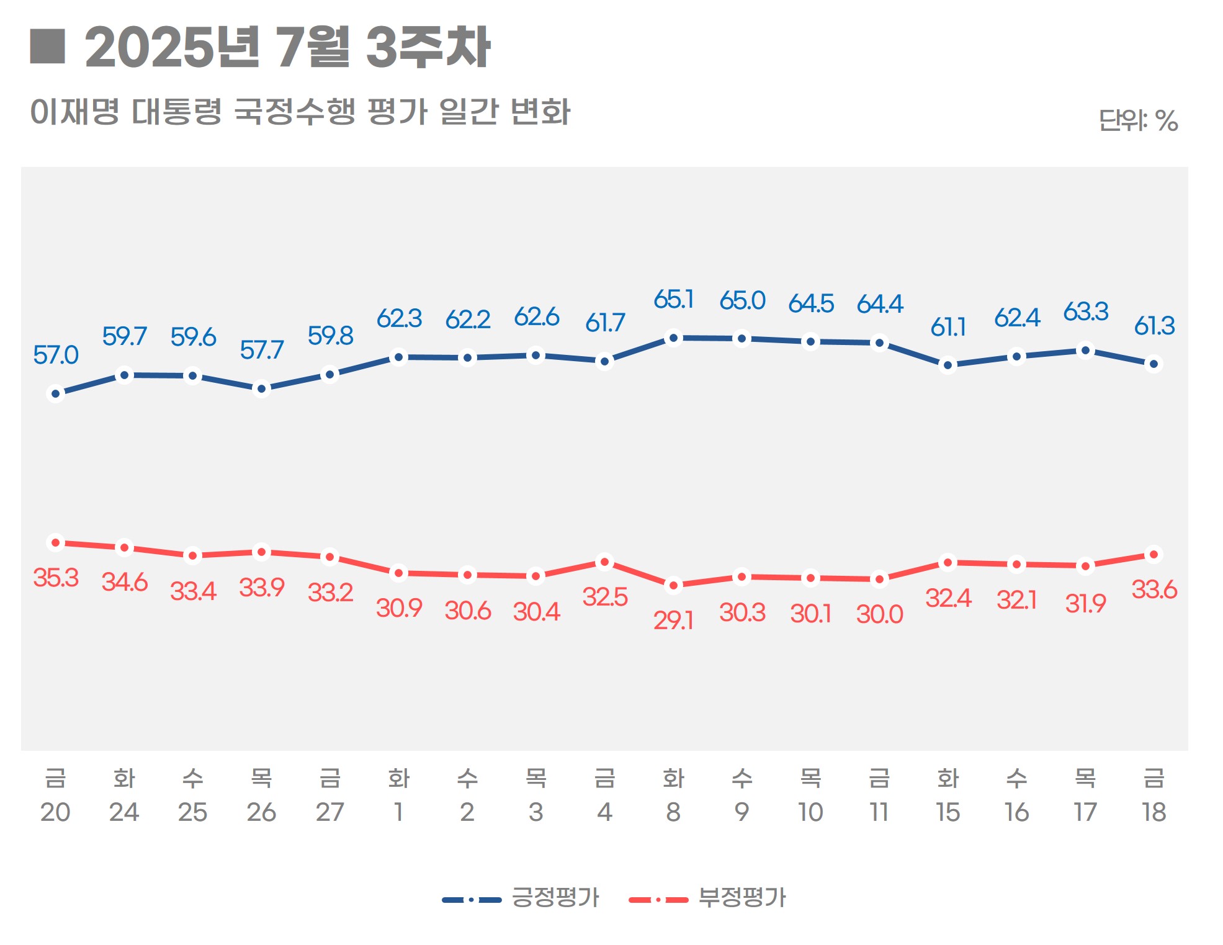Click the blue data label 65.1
coord(673,300)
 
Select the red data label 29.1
coord(673,620)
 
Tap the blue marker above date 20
coord(56,393)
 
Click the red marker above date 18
coord(1154,554)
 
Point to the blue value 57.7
coord(261,350)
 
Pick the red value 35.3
coord(56,578)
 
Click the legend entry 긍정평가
coord(554,897)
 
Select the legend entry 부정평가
coord(741,897)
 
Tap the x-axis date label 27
coord(329,812)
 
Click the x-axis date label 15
coord(947,812)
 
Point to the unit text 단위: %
coord(1137,120)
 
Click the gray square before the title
coord(48,47)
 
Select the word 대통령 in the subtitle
coord(177,112)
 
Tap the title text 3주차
coord(428,47)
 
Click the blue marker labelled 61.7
coord(604,361)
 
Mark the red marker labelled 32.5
coord(604,562)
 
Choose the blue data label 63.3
coord(1085,311)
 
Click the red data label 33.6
coord(1154,589)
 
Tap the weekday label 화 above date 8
coord(673,777)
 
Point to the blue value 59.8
coord(330,336)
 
